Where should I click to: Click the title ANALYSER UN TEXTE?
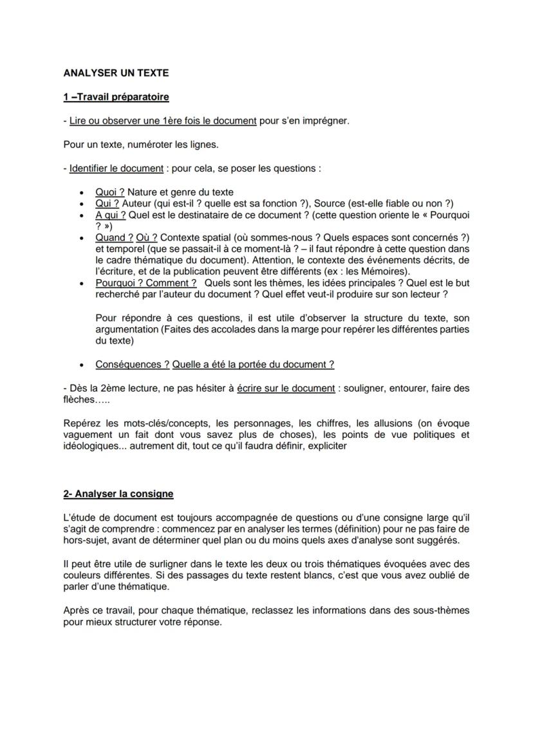(116, 73)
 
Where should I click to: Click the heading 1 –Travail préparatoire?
(116, 97)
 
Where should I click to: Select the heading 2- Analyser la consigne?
(118, 494)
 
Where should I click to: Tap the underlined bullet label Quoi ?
(109, 192)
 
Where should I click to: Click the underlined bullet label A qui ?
(110, 215)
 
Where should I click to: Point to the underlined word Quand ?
(114, 237)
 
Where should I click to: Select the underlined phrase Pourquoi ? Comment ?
(145, 283)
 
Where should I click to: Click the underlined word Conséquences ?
(132, 365)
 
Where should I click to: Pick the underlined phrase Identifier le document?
(116, 168)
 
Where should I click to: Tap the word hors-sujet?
(86, 540)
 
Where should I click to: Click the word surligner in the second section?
(157, 563)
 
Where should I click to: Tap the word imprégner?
(327, 121)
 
